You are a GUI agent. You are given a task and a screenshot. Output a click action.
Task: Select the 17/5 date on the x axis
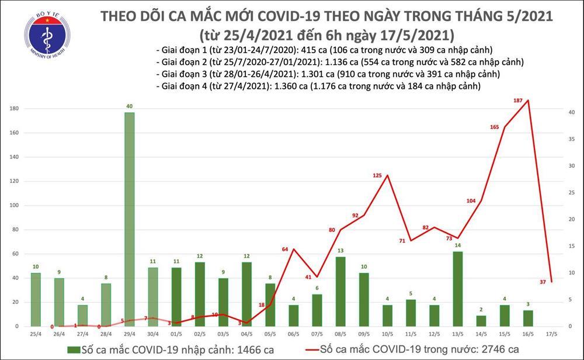[552, 335]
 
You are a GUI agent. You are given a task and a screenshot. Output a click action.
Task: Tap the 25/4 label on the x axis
[36, 335]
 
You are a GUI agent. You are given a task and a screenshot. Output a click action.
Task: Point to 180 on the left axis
[13, 109]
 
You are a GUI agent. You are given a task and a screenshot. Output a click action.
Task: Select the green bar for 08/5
[339, 291]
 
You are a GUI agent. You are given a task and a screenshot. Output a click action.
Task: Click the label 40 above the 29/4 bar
[130, 106]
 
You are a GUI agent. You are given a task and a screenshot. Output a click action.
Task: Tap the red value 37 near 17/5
[543, 282]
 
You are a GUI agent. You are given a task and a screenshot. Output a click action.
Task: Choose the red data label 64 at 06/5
[286, 250]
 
